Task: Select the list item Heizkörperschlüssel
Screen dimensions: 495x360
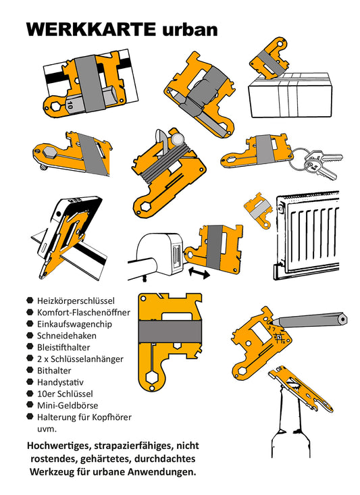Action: (76, 300)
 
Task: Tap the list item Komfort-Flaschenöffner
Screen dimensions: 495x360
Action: (84, 312)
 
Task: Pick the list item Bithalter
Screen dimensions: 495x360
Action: (55, 371)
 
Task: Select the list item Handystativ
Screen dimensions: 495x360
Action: (61, 382)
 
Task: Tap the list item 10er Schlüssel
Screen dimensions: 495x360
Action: (66, 394)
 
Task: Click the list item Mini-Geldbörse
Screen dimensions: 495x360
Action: (68, 405)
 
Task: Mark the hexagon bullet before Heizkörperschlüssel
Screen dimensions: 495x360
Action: (30, 300)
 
